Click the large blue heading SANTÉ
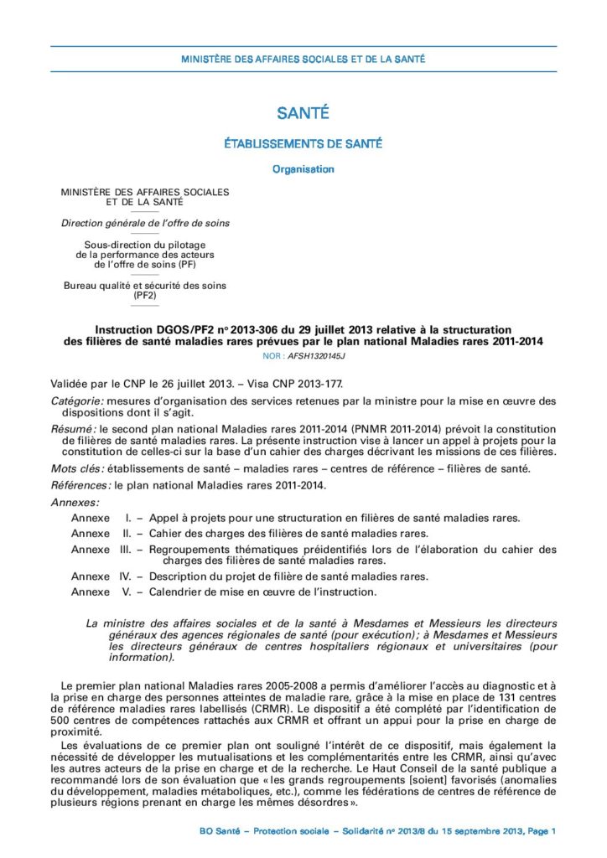coord(303,113)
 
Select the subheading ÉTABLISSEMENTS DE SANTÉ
coord(303,144)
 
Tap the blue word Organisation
coord(303,169)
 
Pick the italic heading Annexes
coord(75,502)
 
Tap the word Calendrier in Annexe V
coord(177,592)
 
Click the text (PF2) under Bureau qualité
coord(145,295)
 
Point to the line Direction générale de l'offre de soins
coord(145,223)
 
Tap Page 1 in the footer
coord(542,830)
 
